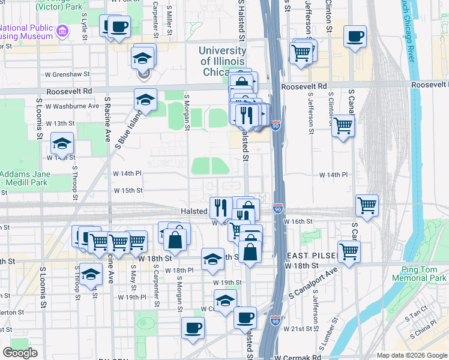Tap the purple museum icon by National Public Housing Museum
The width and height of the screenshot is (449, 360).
pyautogui.click(x=62, y=31)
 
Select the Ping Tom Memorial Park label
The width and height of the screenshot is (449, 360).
pyautogui.click(x=419, y=273)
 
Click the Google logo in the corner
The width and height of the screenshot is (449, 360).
pyautogui.click(x=20, y=353)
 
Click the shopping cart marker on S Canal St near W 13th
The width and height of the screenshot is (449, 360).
pyautogui.click(x=342, y=126)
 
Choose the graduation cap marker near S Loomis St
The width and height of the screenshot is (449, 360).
pyautogui.click(x=62, y=144)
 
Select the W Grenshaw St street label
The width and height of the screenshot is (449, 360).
pyautogui.click(x=69, y=75)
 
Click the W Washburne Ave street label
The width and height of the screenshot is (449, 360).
pyautogui.click(x=76, y=106)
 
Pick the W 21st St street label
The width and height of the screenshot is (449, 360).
pyautogui.click(x=302, y=329)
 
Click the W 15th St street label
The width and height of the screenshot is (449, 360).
pyautogui.click(x=128, y=190)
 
